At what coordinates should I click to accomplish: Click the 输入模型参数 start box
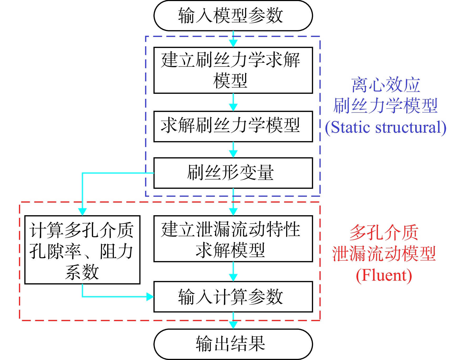click(x=233, y=16)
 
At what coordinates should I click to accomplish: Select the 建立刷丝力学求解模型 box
click(x=233, y=70)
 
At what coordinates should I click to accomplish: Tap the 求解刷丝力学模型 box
click(x=233, y=126)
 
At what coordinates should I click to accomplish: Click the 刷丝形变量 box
click(x=233, y=173)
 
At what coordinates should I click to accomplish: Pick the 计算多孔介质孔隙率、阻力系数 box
click(x=82, y=250)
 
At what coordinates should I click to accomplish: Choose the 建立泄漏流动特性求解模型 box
click(x=233, y=239)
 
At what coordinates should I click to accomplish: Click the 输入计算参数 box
click(x=233, y=297)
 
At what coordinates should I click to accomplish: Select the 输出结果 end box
click(x=233, y=344)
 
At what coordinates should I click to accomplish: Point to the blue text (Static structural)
click(x=386, y=128)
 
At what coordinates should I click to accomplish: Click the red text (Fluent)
click(x=384, y=275)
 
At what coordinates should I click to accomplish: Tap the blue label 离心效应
click(x=386, y=85)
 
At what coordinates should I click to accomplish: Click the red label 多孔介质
click(x=384, y=233)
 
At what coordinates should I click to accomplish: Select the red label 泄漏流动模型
click(x=384, y=254)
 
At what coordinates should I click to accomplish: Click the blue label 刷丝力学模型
click(x=386, y=106)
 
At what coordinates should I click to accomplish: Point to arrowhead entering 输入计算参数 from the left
click(x=150, y=297)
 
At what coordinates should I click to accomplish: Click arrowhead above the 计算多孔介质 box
click(x=82, y=212)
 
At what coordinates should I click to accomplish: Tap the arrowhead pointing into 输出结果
click(x=233, y=325)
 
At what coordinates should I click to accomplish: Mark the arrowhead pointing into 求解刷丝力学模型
click(x=233, y=107)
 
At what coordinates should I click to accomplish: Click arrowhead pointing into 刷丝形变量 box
click(x=233, y=154)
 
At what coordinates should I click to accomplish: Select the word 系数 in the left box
click(x=82, y=272)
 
